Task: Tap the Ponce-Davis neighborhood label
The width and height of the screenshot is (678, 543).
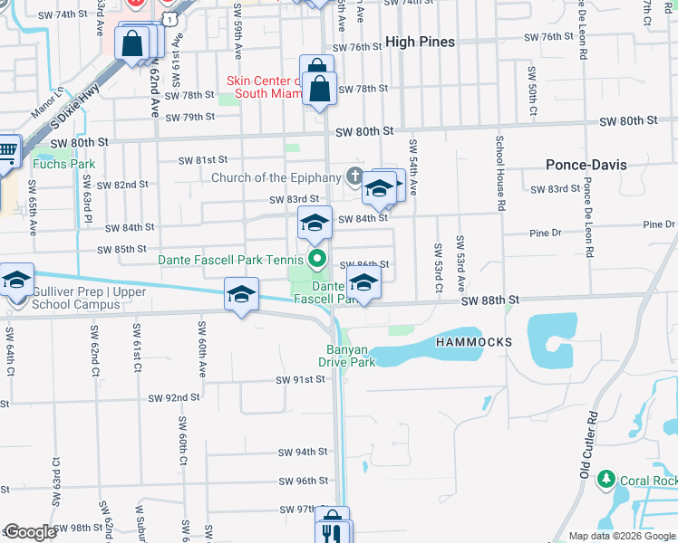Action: (586, 165)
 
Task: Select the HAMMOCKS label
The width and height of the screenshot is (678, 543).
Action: (474, 342)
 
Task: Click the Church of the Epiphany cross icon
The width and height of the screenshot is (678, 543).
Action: (354, 176)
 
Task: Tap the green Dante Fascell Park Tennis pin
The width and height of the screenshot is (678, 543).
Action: (316, 260)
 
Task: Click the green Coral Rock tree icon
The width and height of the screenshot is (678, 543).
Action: (605, 479)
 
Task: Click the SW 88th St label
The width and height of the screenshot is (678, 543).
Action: (489, 300)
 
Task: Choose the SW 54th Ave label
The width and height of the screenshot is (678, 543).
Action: (413, 167)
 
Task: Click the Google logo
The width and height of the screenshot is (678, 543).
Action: (30, 532)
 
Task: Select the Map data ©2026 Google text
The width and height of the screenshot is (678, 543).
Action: (621, 536)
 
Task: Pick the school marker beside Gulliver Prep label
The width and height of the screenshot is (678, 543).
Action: (15, 281)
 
